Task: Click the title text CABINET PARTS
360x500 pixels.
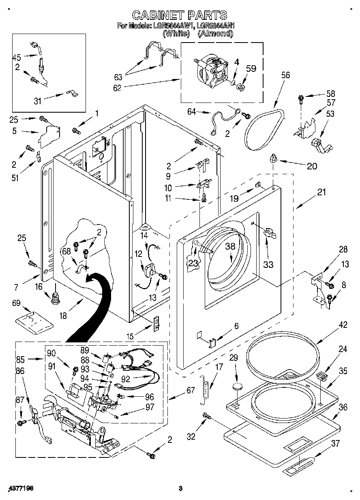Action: pos(180,15)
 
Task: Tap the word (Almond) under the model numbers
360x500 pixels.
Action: pos(215,34)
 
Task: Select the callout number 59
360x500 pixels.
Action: pos(251,68)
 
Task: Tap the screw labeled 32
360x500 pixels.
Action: pos(206,416)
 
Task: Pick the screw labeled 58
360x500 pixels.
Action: pos(301,98)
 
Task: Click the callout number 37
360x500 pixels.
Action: pos(335,444)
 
